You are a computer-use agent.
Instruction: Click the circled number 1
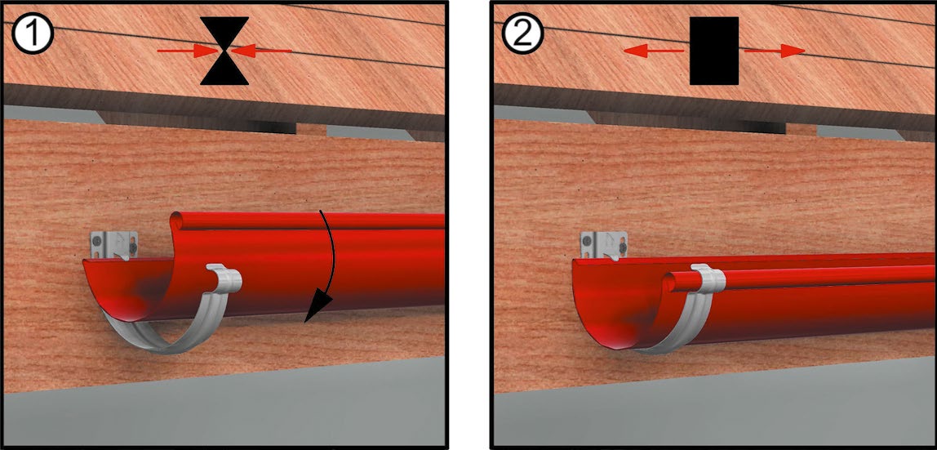pyautogui.click(x=33, y=34)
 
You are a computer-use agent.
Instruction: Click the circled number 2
pyautogui.click(x=523, y=34)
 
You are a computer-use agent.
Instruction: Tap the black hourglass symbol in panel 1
pyautogui.click(x=224, y=51)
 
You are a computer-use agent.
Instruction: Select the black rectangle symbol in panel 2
pyautogui.click(x=714, y=51)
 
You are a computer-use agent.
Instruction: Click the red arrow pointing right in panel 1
pyautogui.click(x=188, y=51)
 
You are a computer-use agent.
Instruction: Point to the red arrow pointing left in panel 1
pyautogui.click(x=261, y=51)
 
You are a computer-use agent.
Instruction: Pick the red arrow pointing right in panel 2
pyautogui.click(x=775, y=51)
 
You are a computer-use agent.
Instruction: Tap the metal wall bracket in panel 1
pyautogui.click(x=113, y=245)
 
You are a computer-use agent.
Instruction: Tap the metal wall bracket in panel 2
pyautogui.click(x=603, y=245)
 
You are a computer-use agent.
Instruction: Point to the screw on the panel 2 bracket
pyautogui.click(x=622, y=246)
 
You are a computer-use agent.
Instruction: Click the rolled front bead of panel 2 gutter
pyautogui.click(x=801, y=275)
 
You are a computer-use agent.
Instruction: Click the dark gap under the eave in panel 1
pyautogui.click(x=272, y=127)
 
